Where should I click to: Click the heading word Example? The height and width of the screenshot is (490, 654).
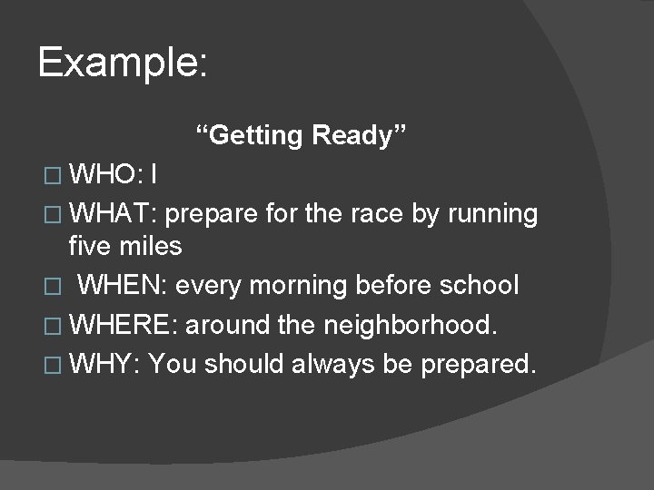click(x=124, y=64)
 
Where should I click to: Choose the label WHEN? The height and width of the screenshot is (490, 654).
click(x=124, y=286)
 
